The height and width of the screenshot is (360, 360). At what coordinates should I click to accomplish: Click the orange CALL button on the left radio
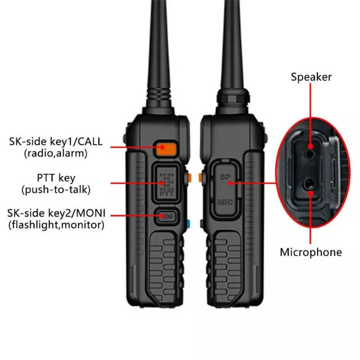(166, 149)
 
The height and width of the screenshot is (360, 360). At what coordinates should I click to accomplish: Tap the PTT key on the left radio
(166, 184)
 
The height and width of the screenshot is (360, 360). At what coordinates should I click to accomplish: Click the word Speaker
(311, 77)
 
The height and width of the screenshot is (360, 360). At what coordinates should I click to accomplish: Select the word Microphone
(311, 252)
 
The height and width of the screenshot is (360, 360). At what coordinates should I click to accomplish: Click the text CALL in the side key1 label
(90, 141)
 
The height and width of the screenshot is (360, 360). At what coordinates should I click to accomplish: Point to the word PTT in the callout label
(46, 178)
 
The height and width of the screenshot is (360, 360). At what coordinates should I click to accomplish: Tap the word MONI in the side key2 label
(91, 213)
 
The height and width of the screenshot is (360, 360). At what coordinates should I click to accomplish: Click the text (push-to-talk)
(56, 190)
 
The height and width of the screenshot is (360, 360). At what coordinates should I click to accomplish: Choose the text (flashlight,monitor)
(56, 225)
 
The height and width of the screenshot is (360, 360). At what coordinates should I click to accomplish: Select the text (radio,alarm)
(56, 153)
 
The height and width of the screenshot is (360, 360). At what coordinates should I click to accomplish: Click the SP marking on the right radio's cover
(225, 177)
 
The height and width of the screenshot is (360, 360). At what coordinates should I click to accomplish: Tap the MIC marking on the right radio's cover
(225, 202)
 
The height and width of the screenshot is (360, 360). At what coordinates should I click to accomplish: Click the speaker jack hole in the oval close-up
(310, 153)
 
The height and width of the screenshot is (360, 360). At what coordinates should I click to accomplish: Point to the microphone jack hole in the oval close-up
(309, 184)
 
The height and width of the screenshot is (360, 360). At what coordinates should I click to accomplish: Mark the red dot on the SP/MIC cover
(230, 183)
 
